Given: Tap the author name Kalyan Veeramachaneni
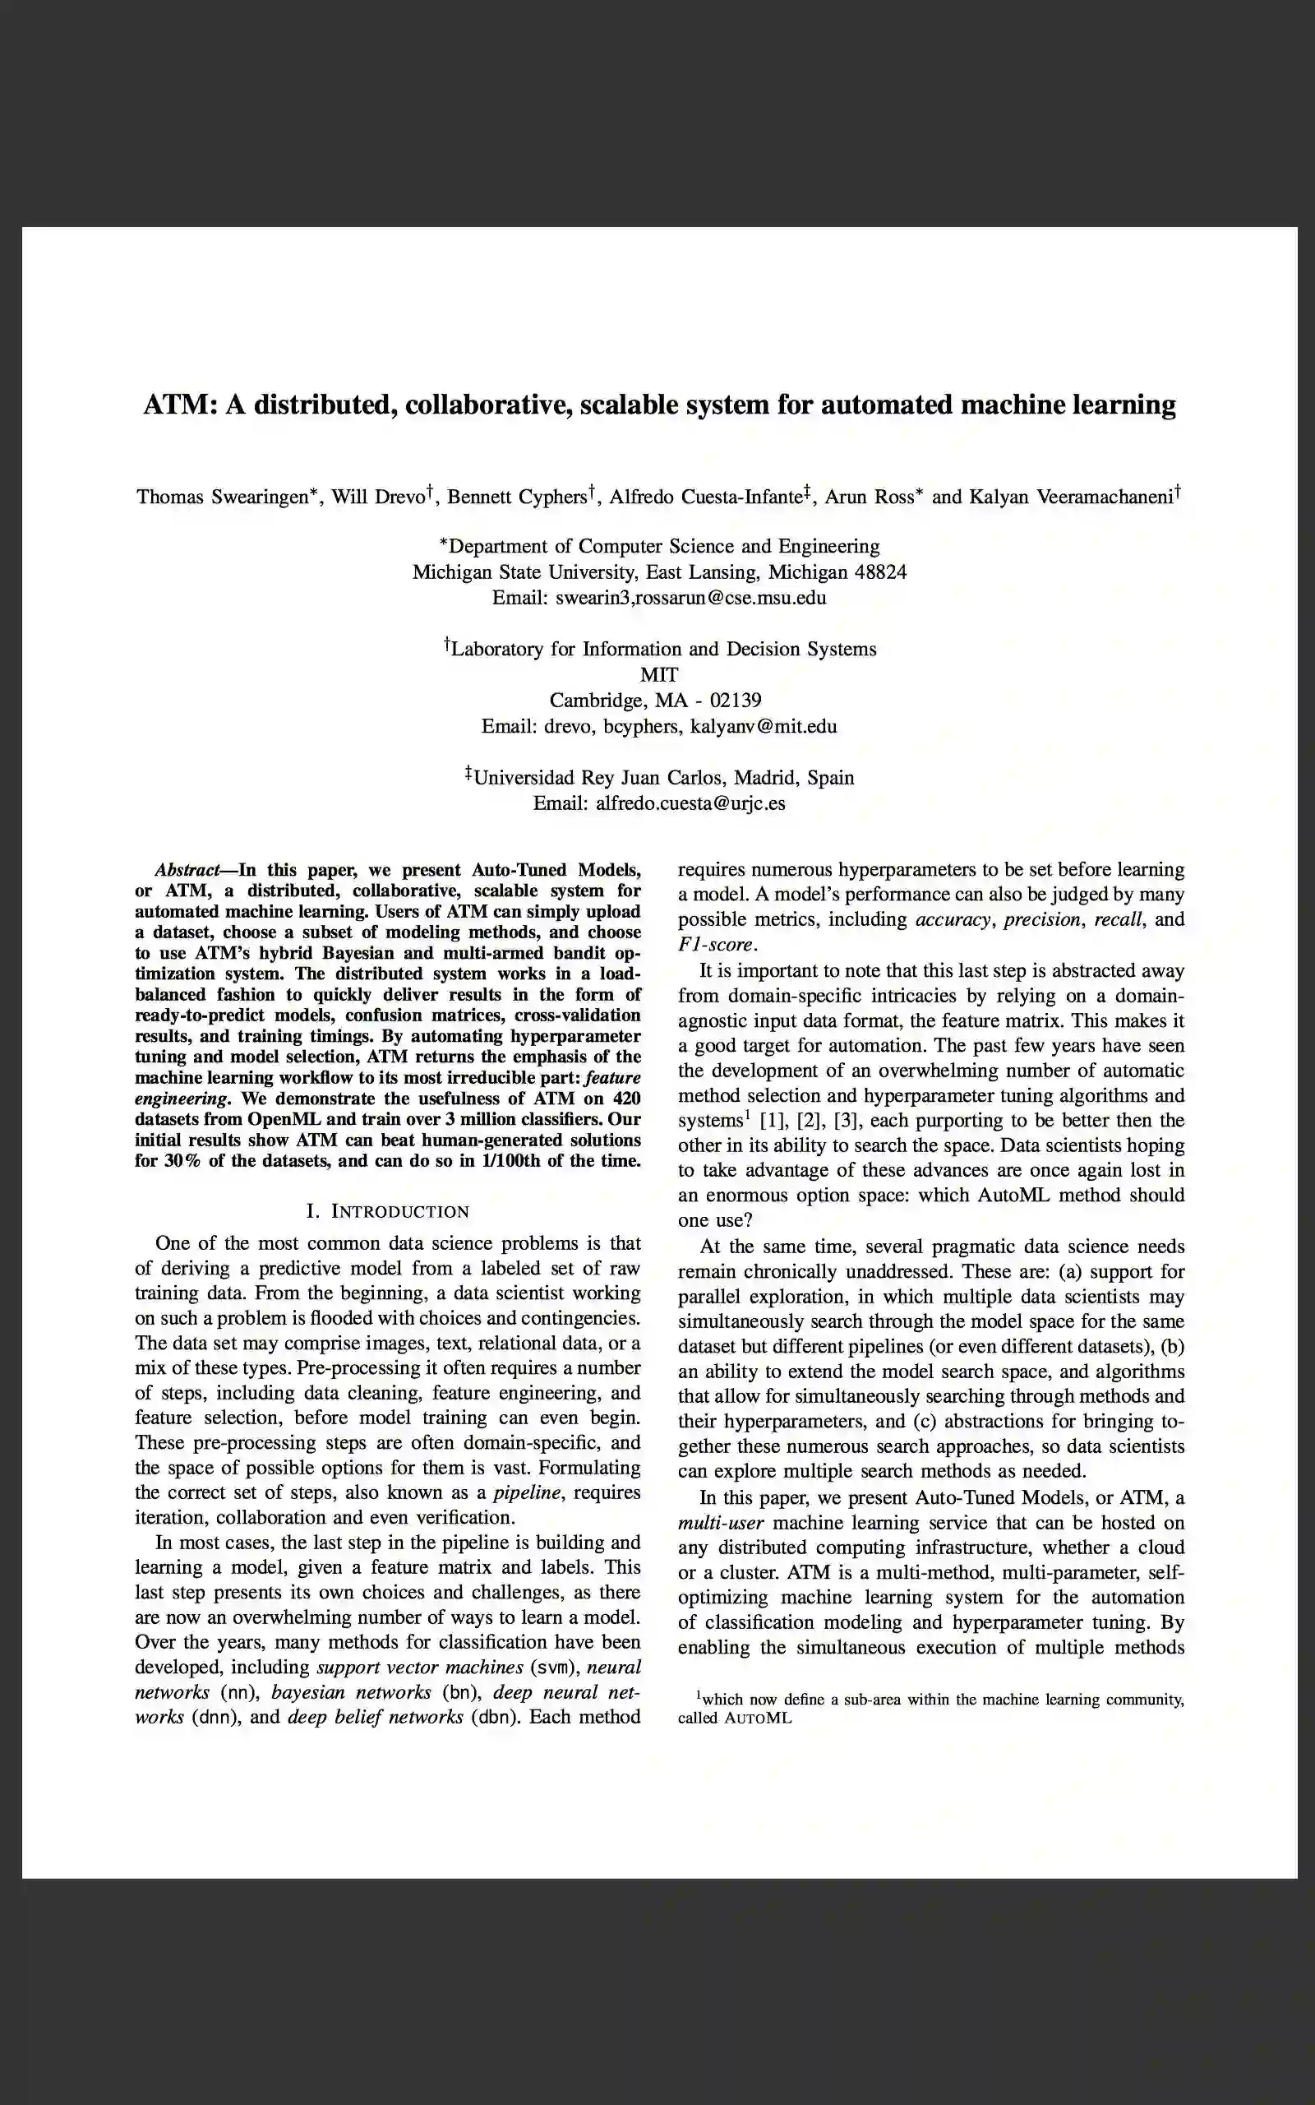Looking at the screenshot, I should coord(1071,497).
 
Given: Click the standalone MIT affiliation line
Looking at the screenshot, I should coord(659,675).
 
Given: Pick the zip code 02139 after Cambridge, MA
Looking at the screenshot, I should coord(736,701).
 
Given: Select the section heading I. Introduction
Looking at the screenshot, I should coord(388,1212).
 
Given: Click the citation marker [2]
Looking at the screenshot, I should coord(808,1121).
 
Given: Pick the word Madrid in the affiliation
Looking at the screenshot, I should coord(765,778).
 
